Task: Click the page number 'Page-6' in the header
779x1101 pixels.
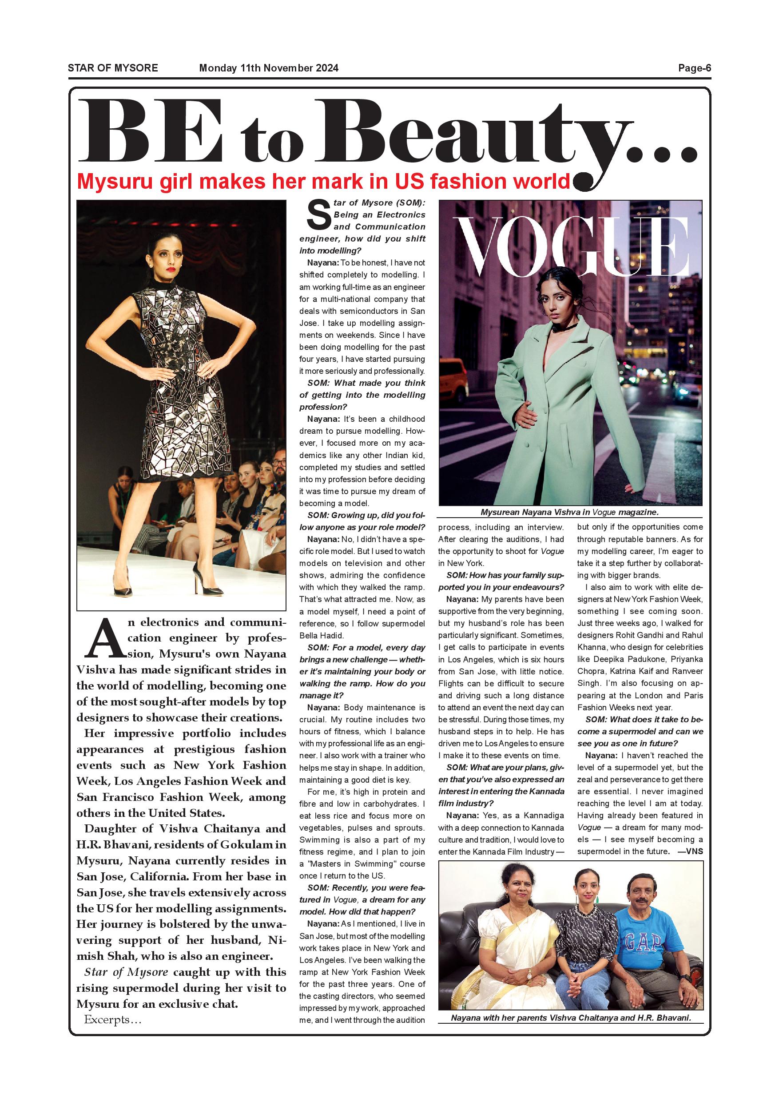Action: [694, 68]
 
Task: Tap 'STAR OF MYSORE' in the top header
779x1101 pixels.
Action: [113, 68]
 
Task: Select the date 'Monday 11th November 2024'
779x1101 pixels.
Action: [269, 68]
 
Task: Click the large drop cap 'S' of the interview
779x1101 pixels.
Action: [318, 215]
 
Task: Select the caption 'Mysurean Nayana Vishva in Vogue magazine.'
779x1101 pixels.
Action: [569, 512]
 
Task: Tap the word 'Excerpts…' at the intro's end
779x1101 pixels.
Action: [113, 1019]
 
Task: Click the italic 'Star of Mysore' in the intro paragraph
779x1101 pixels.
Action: [126, 972]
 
